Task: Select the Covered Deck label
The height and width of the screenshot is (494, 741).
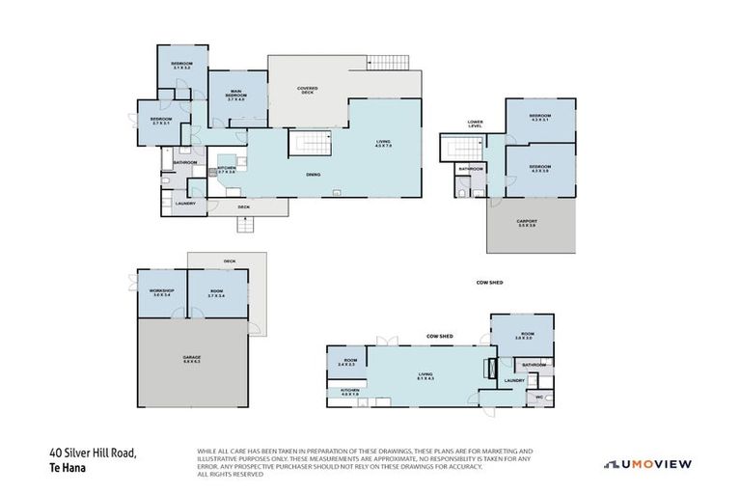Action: [x=308, y=91]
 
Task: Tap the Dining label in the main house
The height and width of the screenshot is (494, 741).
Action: [x=313, y=175]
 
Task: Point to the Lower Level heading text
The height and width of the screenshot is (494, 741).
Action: [x=475, y=124]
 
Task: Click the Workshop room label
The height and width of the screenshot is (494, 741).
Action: [x=160, y=292]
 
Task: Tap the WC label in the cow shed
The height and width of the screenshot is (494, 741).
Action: [x=539, y=398]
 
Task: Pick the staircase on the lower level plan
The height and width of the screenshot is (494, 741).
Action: [x=461, y=149]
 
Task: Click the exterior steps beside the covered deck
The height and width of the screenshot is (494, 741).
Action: [x=386, y=63]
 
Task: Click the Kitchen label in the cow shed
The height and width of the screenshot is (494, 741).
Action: [x=348, y=393]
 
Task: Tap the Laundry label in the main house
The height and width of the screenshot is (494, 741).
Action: [x=184, y=204]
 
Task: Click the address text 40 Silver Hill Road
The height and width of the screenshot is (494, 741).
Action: [x=95, y=453]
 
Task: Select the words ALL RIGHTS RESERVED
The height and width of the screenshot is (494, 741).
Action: [x=230, y=475]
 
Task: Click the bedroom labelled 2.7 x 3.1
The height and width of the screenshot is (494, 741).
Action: [x=161, y=122]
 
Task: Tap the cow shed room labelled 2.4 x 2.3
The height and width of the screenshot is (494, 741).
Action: [x=346, y=363]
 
